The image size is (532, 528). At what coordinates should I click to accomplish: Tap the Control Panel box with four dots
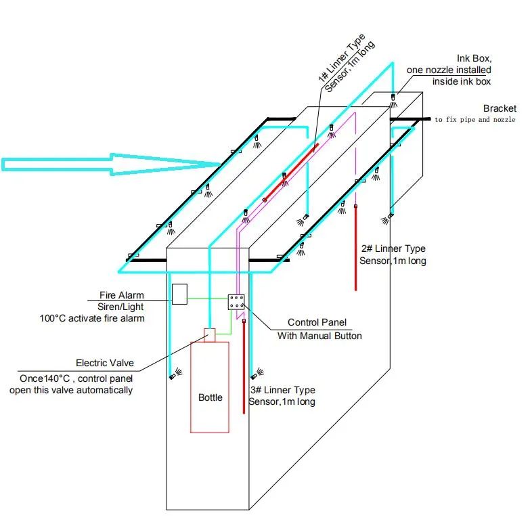[x=236, y=302]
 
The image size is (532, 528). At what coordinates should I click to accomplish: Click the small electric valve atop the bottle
[x=210, y=335]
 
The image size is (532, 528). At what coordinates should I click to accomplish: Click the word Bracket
[x=500, y=108]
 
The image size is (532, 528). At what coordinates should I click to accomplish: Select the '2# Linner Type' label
[x=393, y=249]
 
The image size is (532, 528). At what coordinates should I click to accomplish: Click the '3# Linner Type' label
[x=282, y=391]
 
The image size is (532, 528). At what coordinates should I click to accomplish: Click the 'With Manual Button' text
[x=319, y=336]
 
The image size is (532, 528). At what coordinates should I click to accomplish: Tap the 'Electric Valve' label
[x=108, y=363]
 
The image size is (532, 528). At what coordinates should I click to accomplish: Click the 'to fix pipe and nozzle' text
[x=474, y=120]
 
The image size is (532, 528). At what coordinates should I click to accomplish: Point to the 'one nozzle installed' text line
[x=449, y=70]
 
